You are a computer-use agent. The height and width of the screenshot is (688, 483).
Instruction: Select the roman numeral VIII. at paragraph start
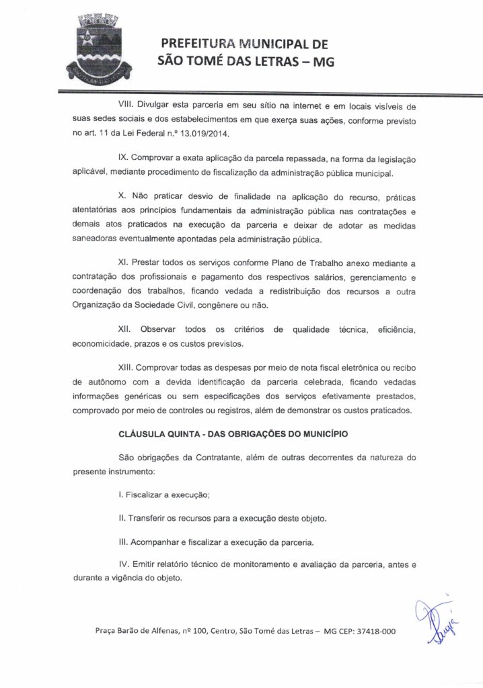point(125,106)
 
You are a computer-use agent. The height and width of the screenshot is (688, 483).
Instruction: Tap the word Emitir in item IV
point(144,564)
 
